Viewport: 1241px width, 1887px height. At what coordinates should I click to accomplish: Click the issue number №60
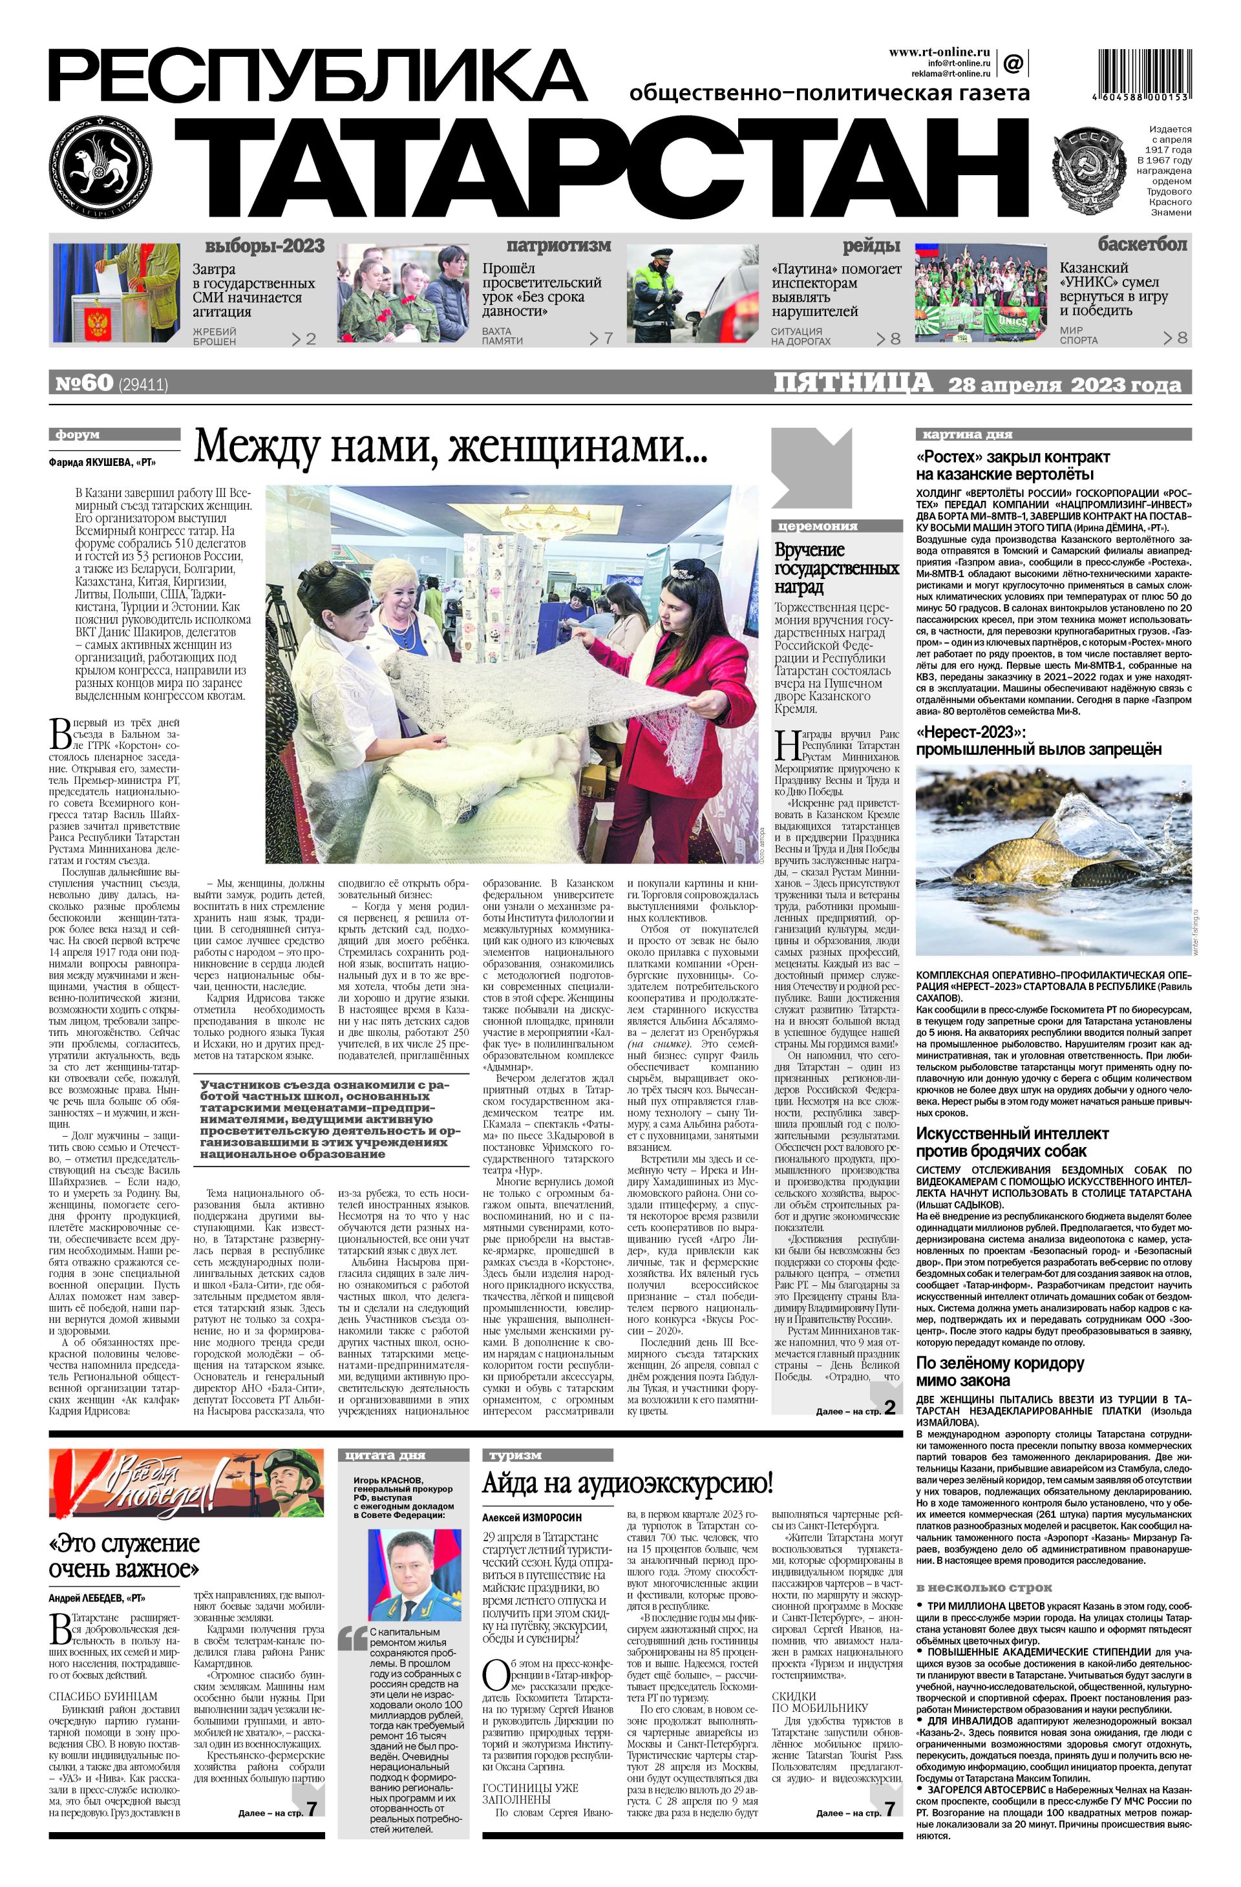pos(85,384)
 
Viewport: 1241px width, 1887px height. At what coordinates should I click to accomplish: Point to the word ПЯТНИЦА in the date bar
pos(853,384)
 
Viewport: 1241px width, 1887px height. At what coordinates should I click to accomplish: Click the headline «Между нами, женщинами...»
pos(451,447)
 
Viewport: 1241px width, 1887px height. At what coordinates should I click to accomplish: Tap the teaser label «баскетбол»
pos(1142,244)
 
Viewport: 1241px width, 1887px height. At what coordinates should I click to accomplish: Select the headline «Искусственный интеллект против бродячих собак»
pos(1012,1142)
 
